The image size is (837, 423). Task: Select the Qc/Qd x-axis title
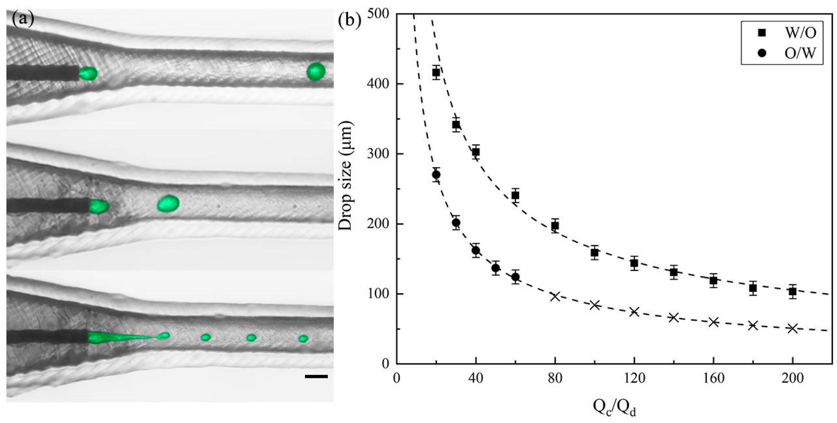click(614, 407)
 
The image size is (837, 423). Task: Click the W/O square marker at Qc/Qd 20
click(436, 73)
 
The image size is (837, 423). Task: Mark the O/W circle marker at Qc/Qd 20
click(436, 175)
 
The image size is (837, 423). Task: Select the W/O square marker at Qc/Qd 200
click(792, 292)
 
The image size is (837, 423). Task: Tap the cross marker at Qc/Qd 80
click(555, 296)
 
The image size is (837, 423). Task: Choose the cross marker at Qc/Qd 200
click(792, 328)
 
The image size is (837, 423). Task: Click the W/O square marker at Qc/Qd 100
click(595, 252)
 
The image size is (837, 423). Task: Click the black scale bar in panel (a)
click(316, 377)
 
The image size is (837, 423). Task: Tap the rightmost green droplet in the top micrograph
click(316, 71)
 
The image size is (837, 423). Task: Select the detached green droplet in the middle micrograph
click(168, 203)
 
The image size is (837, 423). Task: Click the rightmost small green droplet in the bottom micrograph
click(303, 338)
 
